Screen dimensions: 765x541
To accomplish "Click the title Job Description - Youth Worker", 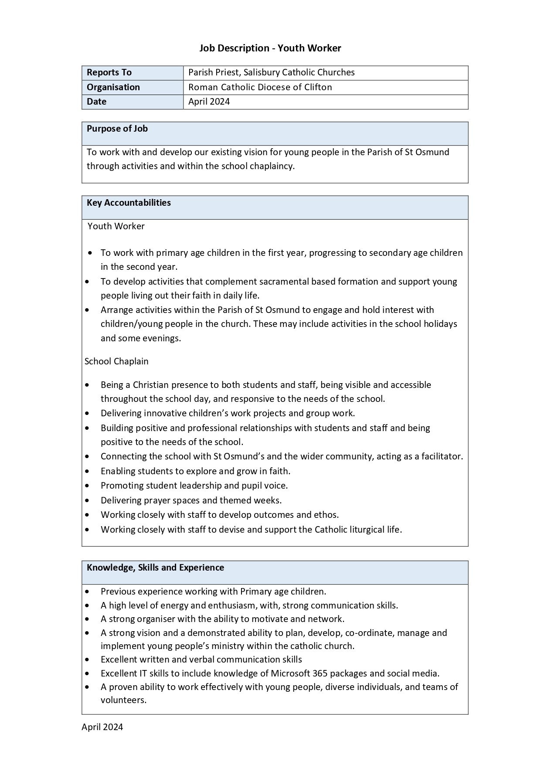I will click(x=270, y=48).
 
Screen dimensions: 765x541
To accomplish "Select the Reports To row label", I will click(x=109, y=72).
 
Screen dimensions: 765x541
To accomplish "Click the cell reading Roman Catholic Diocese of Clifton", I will click(x=260, y=87).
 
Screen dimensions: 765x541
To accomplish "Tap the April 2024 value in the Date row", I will click(x=209, y=102).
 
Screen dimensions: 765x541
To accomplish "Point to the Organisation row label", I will click(x=113, y=87).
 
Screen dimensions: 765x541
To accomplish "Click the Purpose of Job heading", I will click(x=117, y=129).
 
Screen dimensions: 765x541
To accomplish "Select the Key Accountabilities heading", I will click(x=129, y=203).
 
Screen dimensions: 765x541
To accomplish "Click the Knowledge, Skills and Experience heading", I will click(x=155, y=568).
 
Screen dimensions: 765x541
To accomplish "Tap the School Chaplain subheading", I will click(x=116, y=361).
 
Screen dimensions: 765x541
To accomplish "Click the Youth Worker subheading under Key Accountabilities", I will click(x=116, y=226).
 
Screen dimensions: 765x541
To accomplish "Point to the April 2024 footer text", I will click(x=102, y=727).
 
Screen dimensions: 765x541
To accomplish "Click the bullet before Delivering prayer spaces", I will click(x=88, y=500).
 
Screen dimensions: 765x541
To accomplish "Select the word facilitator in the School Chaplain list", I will click(x=442, y=456).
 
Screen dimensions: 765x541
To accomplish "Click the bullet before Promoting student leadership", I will click(x=88, y=486).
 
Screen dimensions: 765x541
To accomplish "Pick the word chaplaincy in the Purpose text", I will click(x=272, y=166).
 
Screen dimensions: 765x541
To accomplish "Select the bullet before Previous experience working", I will click(x=88, y=592).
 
